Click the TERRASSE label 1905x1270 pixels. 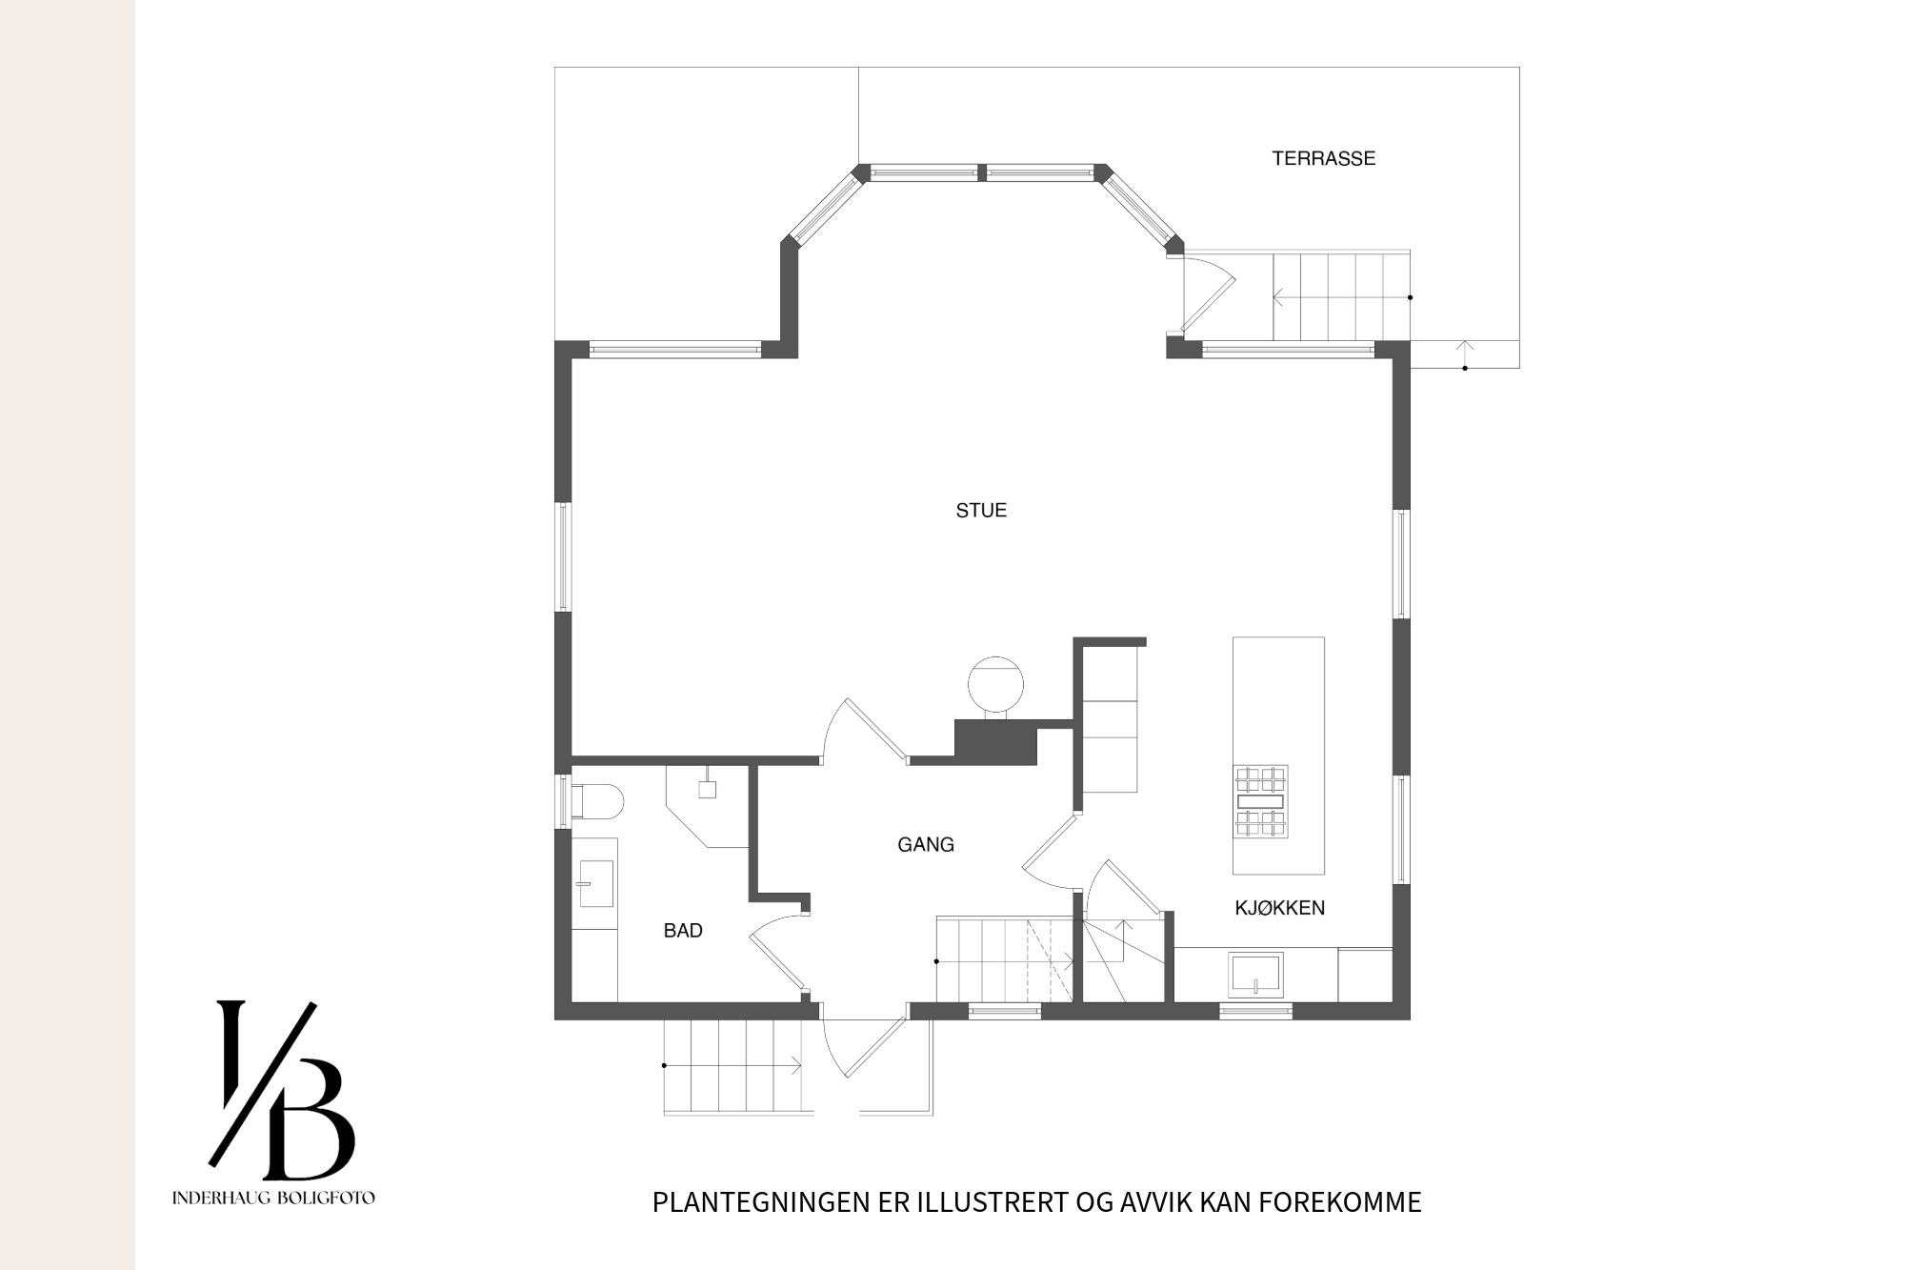[1323, 158]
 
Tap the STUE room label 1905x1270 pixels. [981, 511]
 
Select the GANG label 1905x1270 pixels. [926, 844]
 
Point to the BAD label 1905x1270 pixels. [683, 931]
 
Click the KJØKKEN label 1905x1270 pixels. [1279, 908]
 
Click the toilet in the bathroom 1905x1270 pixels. [597, 801]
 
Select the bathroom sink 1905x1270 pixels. [595, 883]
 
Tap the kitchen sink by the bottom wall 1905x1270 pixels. [1256, 975]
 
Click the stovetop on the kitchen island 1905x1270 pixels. [1261, 801]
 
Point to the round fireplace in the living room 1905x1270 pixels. [995, 684]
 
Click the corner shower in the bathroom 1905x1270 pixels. [707, 805]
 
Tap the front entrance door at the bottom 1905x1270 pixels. [862, 1046]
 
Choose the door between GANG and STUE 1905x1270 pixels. [863, 732]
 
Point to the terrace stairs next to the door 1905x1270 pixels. [1341, 295]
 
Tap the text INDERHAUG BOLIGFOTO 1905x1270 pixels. [273, 1198]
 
